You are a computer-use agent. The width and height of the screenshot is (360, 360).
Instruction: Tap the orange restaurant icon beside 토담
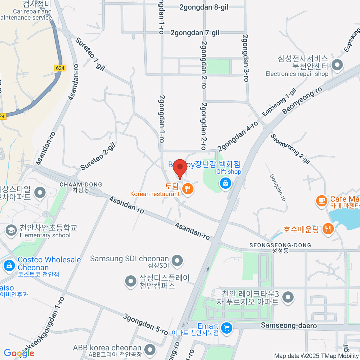click(188, 189)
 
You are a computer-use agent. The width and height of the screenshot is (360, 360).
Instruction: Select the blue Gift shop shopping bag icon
click(225, 183)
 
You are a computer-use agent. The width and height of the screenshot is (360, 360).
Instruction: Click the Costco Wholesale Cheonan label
click(49, 263)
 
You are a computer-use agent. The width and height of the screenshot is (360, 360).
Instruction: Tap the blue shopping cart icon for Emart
click(226, 328)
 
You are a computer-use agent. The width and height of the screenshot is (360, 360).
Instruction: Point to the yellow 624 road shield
click(60, 68)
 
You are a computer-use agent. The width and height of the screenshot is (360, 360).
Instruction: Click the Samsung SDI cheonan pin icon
click(177, 260)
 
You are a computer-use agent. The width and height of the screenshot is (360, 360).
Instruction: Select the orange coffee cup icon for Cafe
click(322, 200)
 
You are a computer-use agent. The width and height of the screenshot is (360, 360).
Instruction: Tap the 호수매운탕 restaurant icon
click(328, 229)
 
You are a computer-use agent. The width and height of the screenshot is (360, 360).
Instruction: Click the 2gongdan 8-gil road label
click(204, 7)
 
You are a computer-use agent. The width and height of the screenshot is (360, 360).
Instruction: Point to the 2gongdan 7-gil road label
click(195, 33)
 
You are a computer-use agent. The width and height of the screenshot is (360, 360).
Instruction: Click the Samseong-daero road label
click(289, 325)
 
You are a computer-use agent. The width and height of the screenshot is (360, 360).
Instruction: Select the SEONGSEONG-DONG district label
click(280, 245)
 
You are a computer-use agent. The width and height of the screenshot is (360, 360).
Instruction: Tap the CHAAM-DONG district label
click(81, 185)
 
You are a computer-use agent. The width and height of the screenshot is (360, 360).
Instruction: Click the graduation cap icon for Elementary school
click(11, 230)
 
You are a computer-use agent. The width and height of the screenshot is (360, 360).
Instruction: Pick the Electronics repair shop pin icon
click(337, 65)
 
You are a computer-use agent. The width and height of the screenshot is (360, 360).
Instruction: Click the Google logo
click(19, 353)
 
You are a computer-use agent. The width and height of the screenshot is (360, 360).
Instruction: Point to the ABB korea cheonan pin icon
click(150, 349)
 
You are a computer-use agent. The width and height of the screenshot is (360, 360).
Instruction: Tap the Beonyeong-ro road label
click(302, 100)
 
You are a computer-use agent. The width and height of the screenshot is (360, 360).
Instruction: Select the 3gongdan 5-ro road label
click(145, 324)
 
